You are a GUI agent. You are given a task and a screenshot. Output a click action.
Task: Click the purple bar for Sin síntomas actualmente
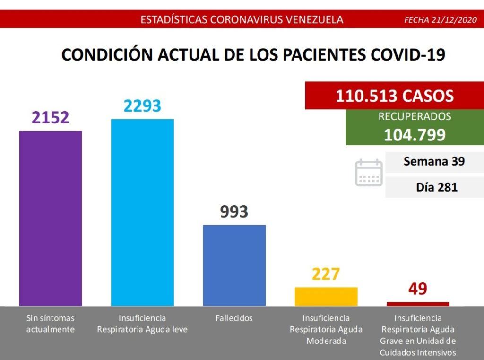point(51,218)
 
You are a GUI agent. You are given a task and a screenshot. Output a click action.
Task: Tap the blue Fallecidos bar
point(234,265)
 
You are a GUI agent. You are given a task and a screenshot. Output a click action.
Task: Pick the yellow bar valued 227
point(326,296)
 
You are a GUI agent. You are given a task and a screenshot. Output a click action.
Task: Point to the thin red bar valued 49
point(418,304)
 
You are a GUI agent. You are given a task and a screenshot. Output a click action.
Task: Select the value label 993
point(234,212)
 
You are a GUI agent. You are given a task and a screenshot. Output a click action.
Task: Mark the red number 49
point(418,289)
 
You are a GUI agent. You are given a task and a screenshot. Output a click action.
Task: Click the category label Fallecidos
point(234,318)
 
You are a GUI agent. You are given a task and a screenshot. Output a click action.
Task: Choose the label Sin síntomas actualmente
point(51,324)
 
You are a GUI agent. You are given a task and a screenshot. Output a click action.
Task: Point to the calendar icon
point(369,173)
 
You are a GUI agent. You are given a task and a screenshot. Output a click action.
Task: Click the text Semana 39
point(434,161)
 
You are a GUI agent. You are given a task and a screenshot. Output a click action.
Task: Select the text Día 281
point(437,187)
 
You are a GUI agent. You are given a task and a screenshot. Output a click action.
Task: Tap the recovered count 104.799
point(415,135)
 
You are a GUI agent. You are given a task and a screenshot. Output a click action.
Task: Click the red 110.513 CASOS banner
point(395,96)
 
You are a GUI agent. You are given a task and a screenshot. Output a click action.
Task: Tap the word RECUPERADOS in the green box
point(415,116)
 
